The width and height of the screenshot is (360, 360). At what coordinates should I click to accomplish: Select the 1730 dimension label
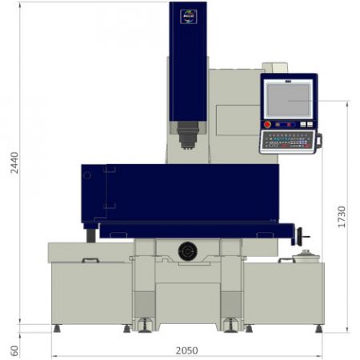coord(341,217)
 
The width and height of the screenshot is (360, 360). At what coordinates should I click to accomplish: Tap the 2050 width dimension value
coord(186,350)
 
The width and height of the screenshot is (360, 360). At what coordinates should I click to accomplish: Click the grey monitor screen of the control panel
coord(288,98)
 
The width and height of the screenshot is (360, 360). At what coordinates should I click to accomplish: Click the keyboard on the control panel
coord(288,141)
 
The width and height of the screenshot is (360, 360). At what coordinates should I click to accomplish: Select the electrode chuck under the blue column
coord(187,135)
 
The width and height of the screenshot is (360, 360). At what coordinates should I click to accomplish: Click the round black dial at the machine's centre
coord(187,251)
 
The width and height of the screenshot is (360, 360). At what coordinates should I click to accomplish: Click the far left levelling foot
coord(56,328)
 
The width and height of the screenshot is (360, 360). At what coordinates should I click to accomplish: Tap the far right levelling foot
coord(319,328)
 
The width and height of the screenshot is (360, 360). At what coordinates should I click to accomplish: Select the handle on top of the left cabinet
coord(90,260)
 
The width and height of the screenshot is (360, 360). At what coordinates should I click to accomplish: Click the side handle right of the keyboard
coord(318,142)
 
